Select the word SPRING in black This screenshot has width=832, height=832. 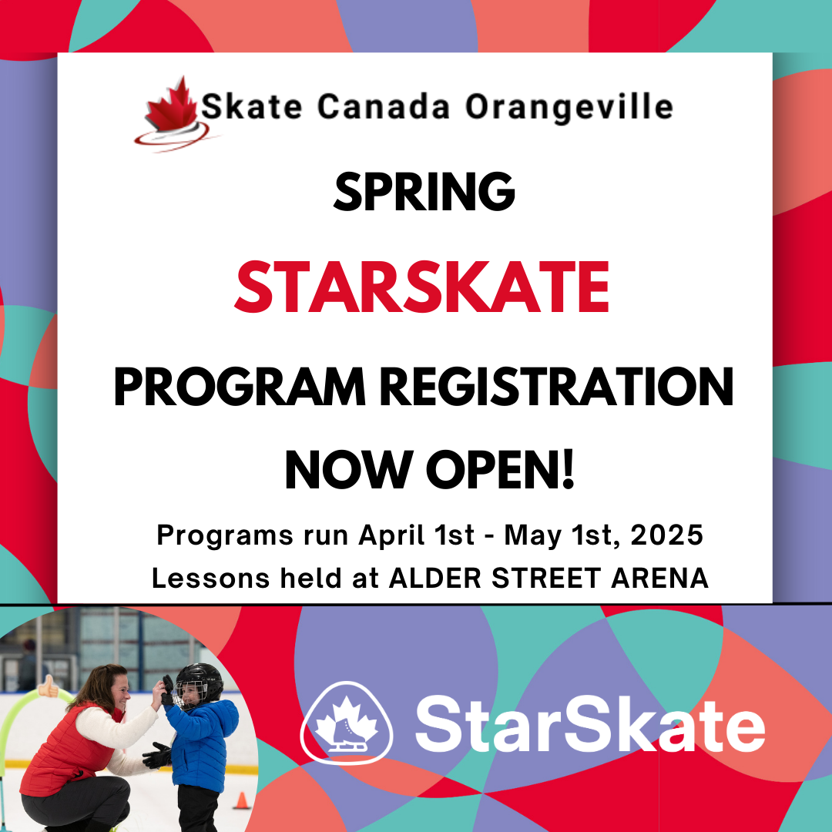[x=424, y=192]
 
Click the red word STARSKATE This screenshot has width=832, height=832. [x=422, y=287]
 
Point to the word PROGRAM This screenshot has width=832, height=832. [x=240, y=387]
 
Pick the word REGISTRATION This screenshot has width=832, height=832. [x=557, y=387]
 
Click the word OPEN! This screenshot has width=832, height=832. [x=501, y=470]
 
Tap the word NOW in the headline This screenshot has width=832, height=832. [x=349, y=470]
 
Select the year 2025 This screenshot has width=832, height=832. [x=666, y=535]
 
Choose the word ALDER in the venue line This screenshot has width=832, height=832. [x=435, y=579]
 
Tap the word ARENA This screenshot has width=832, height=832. [x=659, y=579]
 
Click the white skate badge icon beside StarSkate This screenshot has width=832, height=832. [x=347, y=723]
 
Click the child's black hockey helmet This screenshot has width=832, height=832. [x=200, y=683]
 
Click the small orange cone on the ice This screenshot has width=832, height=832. [x=242, y=800]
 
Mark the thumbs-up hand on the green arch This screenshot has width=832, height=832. [x=49, y=686]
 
